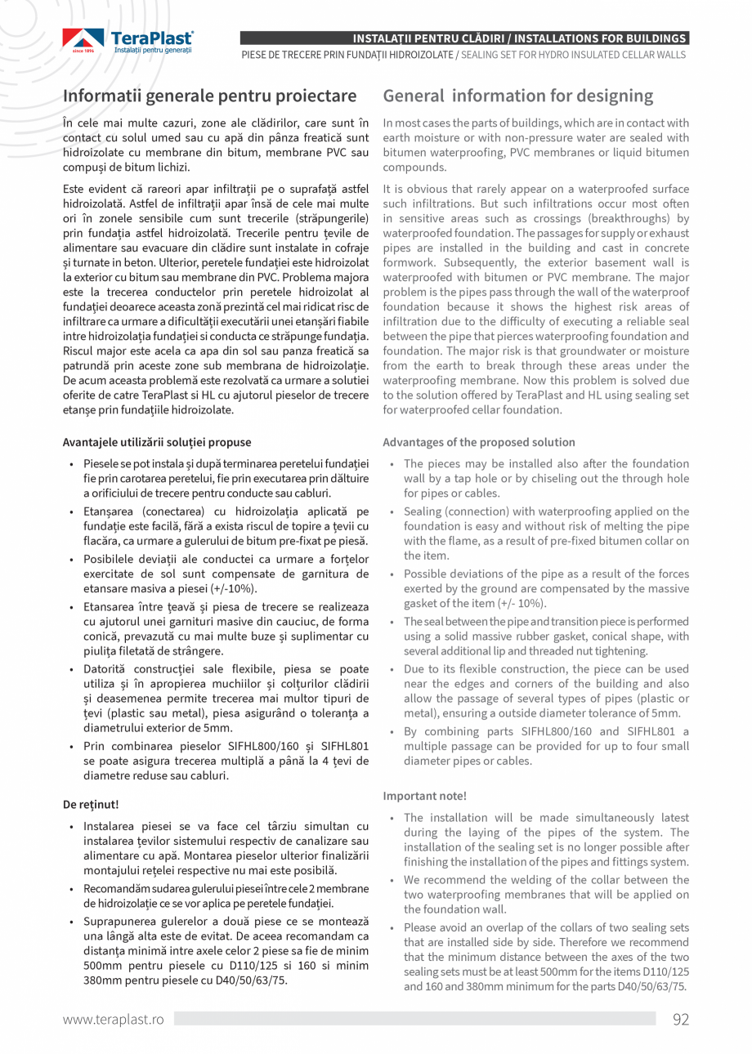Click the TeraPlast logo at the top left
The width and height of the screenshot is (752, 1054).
point(128,40)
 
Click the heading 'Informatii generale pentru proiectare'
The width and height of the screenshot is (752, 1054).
point(210,96)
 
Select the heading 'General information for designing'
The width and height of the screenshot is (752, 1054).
point(518,96)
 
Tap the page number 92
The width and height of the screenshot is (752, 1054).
point(681,1019)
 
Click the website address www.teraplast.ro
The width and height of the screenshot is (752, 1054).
point(114,1019)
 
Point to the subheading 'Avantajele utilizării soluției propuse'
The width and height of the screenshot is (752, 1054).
point(157,442)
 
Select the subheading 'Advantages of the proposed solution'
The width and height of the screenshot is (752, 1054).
point(479,442)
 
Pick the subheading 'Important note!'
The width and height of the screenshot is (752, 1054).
point(424,795)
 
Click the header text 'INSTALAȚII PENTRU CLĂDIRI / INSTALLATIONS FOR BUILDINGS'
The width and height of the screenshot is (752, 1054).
point(519,38)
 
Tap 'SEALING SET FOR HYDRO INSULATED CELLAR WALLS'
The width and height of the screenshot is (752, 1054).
point(574,55)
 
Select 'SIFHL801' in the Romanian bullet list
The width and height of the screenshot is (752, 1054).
point(342,746)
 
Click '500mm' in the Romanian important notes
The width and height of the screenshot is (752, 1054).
point(101,966)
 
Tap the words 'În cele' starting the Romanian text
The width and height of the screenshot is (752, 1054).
point(82,123)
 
